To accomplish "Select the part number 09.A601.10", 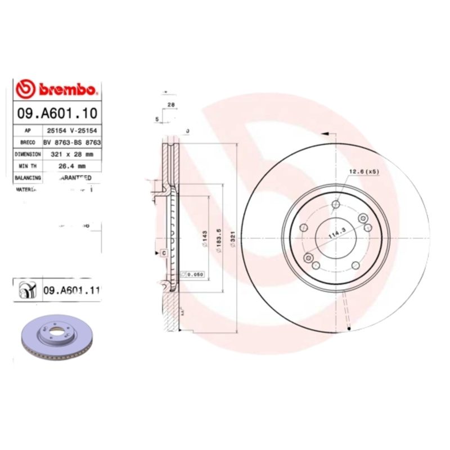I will [x=56, y=112].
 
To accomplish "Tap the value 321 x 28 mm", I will [x=71, y=154].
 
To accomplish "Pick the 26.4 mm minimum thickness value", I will [x=71, y=165].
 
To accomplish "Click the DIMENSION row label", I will [x=28, y=154].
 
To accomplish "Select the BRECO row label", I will [x=28, y=142].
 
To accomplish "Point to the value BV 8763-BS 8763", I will [x=71, y=142].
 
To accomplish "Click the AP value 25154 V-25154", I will [x=71, y=130].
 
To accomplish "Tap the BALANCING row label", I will [x=28, y=177].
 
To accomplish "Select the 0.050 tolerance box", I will [x=193, y=274].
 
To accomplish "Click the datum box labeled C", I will [x=163, y=253].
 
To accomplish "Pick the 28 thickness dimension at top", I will [x=170, y=105].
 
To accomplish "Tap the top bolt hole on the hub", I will [x=336, y=204].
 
